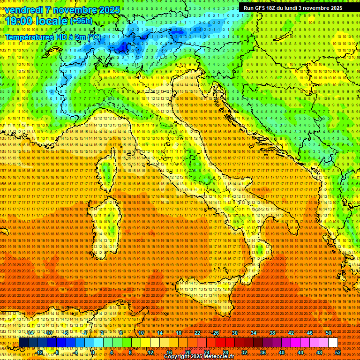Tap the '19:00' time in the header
[x=18, y=21]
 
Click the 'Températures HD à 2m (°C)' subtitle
[x=52, y=37]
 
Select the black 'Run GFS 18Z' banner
[x=292, y=8]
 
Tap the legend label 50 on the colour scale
[x=329, y=333]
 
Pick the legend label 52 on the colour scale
[x=338, y=352]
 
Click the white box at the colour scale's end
[x=333, y=343]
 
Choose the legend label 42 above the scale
[x=291, y=333]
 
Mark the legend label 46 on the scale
[x=310, y=333]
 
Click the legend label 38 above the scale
[x=272, y=333]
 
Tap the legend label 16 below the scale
[x=169, y=352]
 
